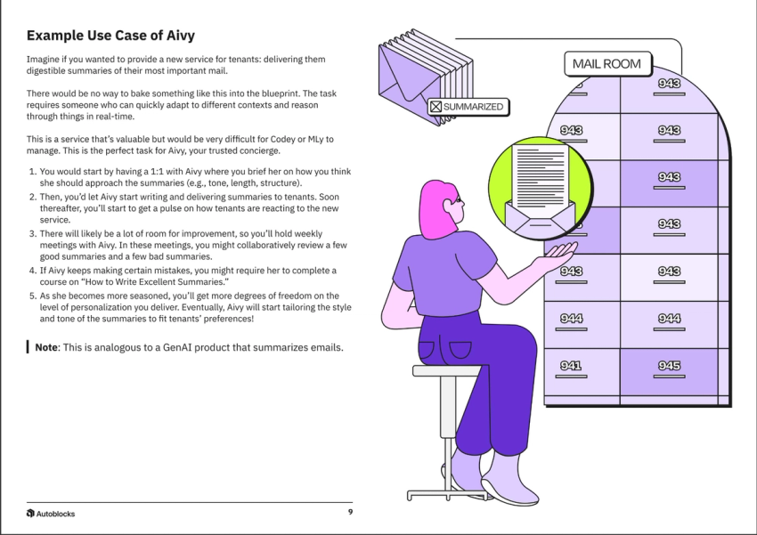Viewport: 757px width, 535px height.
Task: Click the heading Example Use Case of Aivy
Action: click(110, 36)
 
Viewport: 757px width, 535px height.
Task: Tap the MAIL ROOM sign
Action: click(607, 64)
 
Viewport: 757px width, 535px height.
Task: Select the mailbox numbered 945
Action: click(669, 365)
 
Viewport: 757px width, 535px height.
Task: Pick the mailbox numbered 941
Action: click(571, 365)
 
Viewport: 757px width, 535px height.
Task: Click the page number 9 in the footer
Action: click(350, 513)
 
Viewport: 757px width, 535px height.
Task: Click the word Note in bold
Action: click(46, 347)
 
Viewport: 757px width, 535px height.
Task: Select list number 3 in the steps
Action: click(33, 231)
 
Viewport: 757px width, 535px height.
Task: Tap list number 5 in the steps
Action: click(33, 295)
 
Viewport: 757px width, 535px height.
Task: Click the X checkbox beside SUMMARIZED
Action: click(435, 107)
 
